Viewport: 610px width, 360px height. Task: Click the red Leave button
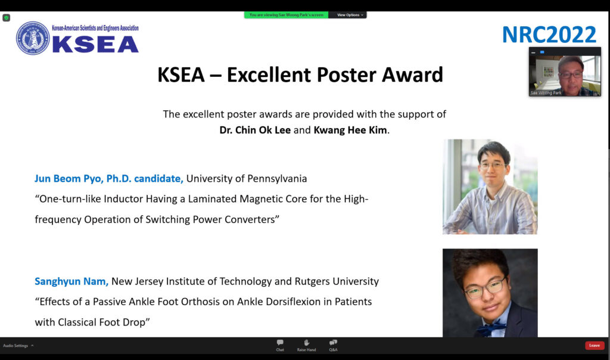595,345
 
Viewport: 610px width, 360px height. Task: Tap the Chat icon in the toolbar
280,343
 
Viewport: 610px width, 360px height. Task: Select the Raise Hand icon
307,343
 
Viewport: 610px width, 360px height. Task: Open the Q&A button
333,343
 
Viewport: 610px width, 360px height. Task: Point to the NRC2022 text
549,35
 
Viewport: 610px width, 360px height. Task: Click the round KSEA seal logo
33,38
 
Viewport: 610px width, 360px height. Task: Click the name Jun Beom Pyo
68,179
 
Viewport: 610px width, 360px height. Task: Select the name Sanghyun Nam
70,281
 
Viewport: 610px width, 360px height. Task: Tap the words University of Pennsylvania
247,179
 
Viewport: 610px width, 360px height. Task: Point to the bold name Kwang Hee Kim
350,130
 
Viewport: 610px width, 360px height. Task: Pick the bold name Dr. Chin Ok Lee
255,130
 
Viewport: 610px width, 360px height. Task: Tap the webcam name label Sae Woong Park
546,92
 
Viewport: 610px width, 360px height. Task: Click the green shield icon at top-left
6,18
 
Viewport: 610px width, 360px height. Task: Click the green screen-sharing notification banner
286,15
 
